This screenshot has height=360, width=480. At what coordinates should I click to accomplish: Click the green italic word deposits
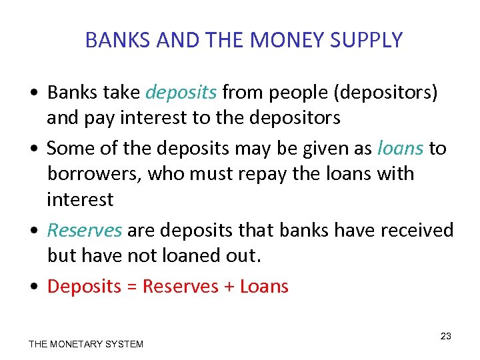coord(181,93)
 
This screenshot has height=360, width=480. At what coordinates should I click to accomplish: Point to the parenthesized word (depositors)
coord(387,93)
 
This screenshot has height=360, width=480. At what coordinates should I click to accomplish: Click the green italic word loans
coord(400,148)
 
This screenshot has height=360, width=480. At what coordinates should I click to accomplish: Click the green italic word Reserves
coord(84,230)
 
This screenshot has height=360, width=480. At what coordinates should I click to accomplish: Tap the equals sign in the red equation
coord(131,287)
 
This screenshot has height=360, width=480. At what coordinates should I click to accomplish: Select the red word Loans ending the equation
coord(264,287)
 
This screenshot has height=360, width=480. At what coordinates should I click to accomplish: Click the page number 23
coord(446,336)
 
